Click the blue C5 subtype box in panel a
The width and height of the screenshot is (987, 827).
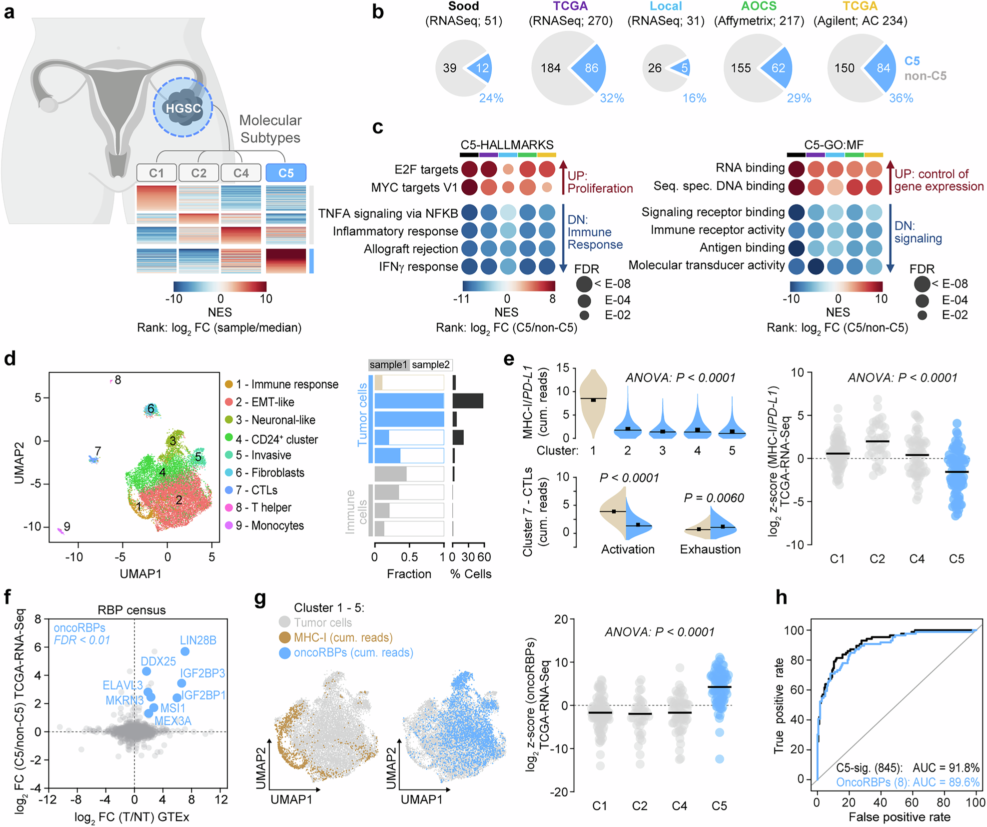click(x=286, y=173)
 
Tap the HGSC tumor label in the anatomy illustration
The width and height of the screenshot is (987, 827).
click(x=183, y=108)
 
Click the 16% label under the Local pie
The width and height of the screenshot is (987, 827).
click(x=694, y=98)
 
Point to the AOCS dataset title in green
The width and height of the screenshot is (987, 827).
click(x=759, y=6)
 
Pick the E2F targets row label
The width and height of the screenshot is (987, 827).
click(x=426, y=169)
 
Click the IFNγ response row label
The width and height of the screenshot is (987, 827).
click(x=418, y=266)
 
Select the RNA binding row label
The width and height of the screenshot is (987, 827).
click(x=750, y=167)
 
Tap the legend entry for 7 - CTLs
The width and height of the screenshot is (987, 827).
click(x=257, y=490)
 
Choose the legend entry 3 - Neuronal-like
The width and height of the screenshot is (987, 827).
click(x=275, y=420)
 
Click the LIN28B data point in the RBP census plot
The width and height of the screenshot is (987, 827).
click(x=185, y=651)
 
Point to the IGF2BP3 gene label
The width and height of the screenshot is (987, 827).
click(x=202, y=673)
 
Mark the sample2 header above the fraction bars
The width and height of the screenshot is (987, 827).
click(x=430, y=364)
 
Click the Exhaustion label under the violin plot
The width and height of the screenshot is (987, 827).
click(x=710, y=549)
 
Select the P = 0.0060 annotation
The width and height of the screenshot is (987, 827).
click(x=714, y=497)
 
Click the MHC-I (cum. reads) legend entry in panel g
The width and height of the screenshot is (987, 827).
click(x=343, y=637)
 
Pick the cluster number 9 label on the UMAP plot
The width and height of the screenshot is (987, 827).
click(x=67, y=526)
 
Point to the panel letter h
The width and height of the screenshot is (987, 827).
click(x=781, y=597)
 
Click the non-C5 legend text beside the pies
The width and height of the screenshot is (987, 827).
click(x=925, y=76)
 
